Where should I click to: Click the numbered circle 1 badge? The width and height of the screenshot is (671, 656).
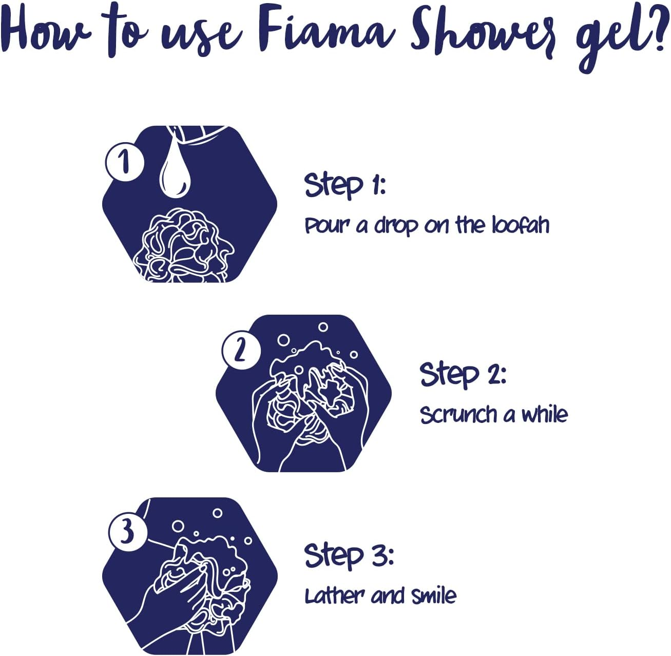[x=125, y=162]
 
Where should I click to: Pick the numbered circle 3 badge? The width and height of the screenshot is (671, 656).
[x=128, y=532]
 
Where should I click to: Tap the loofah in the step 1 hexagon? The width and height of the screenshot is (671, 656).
[x=183, y=245]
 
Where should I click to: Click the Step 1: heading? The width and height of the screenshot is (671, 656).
[x=345, y=186]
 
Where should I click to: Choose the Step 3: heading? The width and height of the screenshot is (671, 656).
[x=349, y=556]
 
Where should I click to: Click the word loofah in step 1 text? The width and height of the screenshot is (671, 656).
[x=520, y=225]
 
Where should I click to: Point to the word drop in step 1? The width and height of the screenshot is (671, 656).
[x=396, y=227]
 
